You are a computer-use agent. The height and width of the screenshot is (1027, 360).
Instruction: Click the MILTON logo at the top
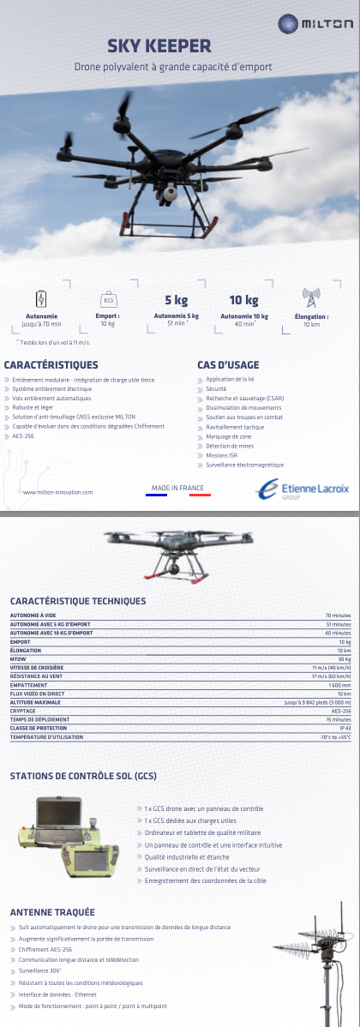315,25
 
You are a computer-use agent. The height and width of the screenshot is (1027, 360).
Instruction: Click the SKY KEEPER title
159,46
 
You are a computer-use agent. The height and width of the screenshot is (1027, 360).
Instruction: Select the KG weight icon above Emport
108,300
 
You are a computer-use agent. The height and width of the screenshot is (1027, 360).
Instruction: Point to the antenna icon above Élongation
311,297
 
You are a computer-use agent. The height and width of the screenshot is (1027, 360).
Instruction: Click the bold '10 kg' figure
243,300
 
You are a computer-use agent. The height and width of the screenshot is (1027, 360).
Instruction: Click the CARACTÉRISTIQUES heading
51,365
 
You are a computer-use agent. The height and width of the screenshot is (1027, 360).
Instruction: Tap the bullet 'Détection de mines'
230,446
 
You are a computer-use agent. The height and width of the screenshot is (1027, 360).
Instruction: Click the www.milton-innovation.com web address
57,492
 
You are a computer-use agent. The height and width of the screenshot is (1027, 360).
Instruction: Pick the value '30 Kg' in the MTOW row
345,659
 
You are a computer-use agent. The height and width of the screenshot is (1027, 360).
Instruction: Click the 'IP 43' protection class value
345,728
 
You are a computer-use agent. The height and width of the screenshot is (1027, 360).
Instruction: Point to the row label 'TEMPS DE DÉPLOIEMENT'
40,719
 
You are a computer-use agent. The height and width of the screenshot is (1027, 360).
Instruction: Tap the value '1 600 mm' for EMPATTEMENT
340,685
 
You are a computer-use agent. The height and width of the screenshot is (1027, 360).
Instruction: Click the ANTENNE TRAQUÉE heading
52,912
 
